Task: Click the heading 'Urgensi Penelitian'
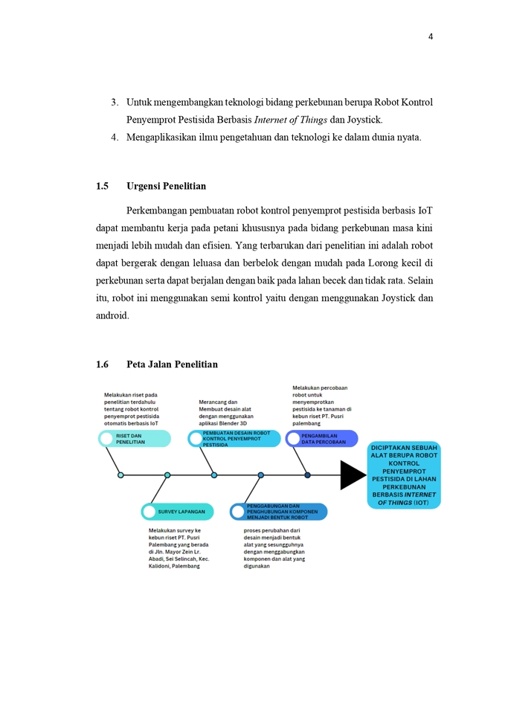tap(167, 186)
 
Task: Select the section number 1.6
tap(103, 364)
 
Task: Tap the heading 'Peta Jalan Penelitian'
tap(172, 364)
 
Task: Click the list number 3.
tap(115, 102)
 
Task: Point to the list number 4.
tap(115, 137)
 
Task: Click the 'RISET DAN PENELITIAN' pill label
tap(134, 439)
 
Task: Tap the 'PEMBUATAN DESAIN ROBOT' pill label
tap(234, 439)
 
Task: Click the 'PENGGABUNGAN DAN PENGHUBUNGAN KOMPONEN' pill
tap(278, 512)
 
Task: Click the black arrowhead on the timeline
tap(353, 475)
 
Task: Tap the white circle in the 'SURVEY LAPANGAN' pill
tap(149, 512)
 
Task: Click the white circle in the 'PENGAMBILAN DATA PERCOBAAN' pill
tap(293, 439)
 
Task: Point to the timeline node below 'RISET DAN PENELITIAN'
tap(120, 475)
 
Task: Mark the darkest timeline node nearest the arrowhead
tap(307, 475)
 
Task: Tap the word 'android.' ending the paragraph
tap(112, 315)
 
